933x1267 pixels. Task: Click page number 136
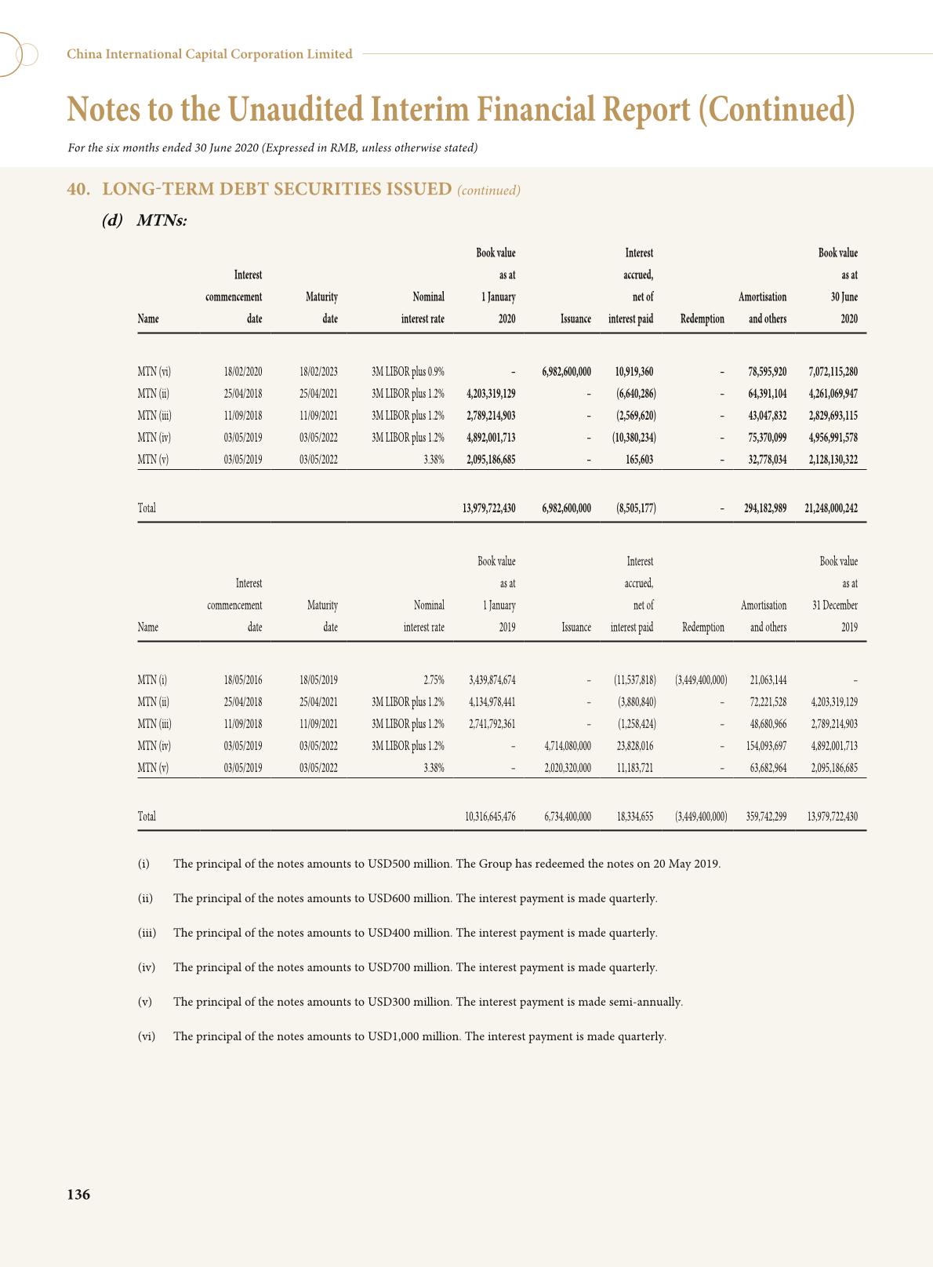pyautogui.click(x=78, y=1194)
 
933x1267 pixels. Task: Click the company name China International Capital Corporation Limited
pyautogui.click(x=209, y=54)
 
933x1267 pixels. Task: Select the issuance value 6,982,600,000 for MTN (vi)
pyautogui.click(x=566, y=372)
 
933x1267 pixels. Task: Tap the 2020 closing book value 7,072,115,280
pyautogui.click(x=833, y=372)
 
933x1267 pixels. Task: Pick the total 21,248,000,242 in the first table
pyautogui.click(x=830, y=508)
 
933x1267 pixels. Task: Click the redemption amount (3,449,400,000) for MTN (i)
pyautogui.click(x=700, y=680)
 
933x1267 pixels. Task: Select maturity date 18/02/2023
pyautogui.click(x=318, y=372)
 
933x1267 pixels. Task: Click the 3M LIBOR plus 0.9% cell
pyautogui.click(x=408, y=372)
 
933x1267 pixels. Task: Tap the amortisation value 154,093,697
pyautogui.click(x=766, y=746)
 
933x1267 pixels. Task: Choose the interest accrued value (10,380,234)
pyautogui.click(x=633, y=438)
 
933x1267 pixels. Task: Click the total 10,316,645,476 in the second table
pyautogui.click(x=490, y=817)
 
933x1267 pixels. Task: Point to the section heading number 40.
pyautogui.click(x=77, y=189)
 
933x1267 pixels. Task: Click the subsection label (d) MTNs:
pyautogui.click(x=145, y=220)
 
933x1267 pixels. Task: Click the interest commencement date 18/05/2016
pyautogui.click(x=243, y=680)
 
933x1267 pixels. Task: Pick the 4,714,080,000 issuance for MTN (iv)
pyautogui.click(x=568, y=746)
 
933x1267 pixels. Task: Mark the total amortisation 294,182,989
pyautogui.click(x=765, y=508)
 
